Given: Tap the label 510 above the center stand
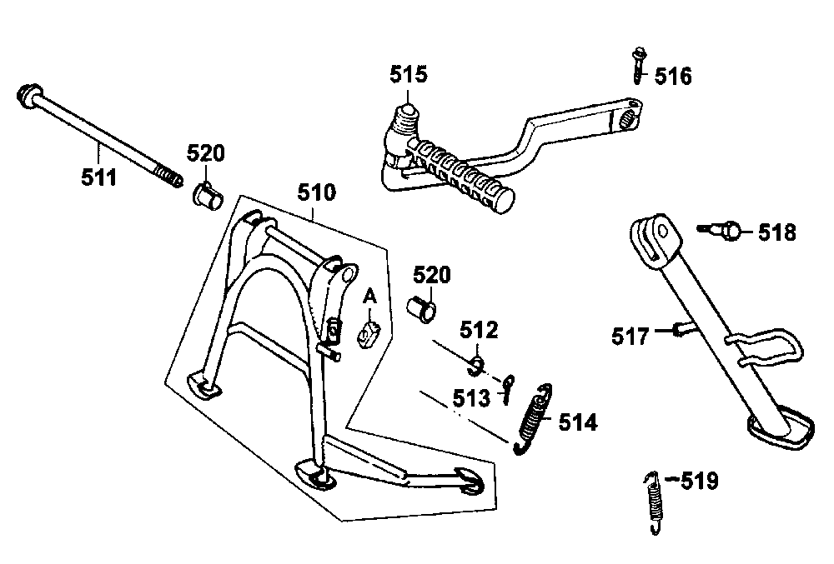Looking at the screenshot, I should [x=316, y=194].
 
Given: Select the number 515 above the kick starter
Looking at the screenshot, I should [x=408, y=75].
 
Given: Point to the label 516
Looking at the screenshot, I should [x=672, y=77].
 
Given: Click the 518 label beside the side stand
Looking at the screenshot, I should [x=776, y=232].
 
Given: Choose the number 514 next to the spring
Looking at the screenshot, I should [x=578, y=422].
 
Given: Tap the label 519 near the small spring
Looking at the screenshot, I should [x=699, y=481].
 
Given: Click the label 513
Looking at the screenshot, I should [x=472, y=397].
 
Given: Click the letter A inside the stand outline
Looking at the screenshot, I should [x=370, y=297].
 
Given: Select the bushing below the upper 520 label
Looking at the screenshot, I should [x=208, y=196].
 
